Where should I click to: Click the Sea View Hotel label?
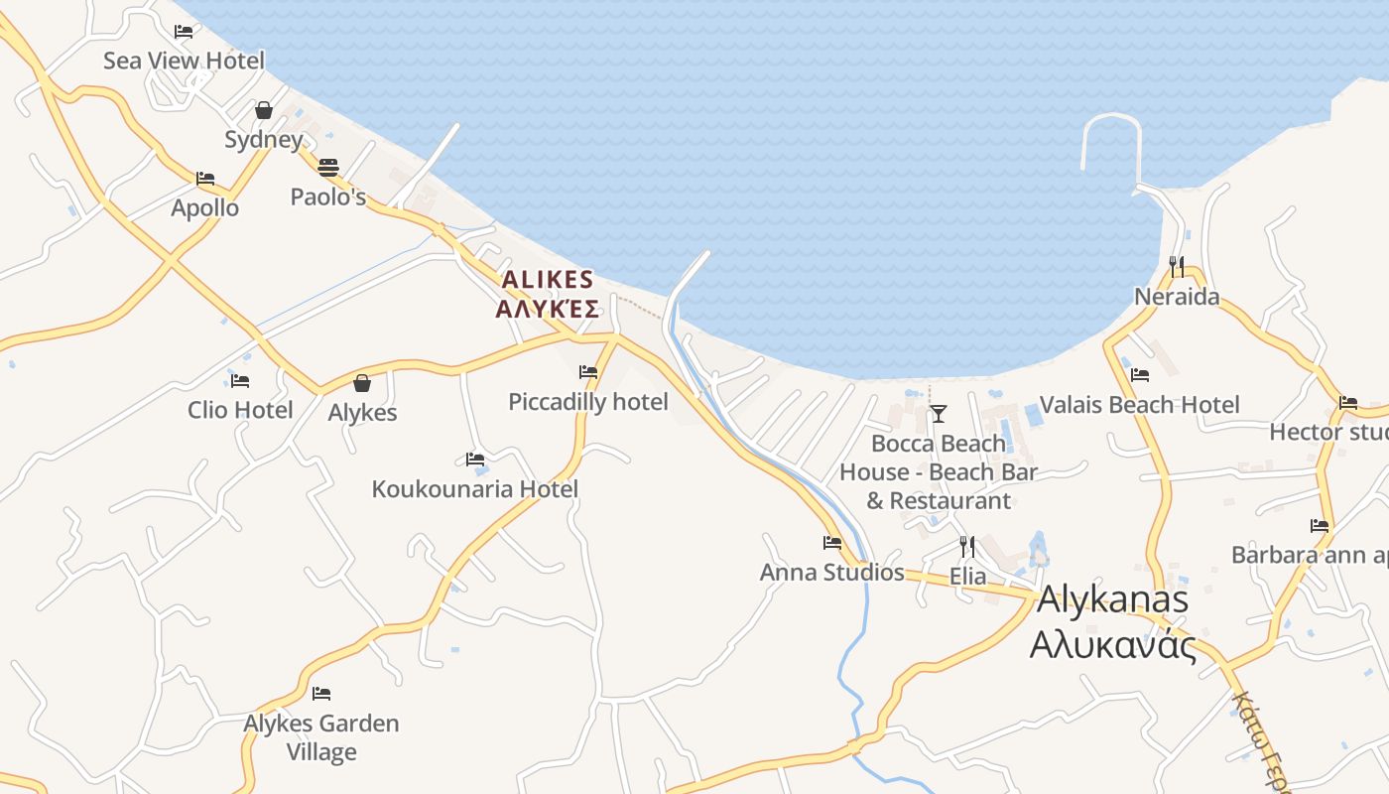184,61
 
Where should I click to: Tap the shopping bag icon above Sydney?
263,110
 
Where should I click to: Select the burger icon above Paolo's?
328,168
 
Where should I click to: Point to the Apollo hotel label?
204,207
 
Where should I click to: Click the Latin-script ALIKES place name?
547,280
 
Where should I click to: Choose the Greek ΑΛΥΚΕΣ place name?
547,310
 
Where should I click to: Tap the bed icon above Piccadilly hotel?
588,373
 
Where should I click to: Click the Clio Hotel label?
240,410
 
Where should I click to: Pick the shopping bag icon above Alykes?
362,383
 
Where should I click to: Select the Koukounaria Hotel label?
474,489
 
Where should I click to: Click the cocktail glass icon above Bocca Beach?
939,413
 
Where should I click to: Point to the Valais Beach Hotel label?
1139,405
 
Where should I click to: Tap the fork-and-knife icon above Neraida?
1177,266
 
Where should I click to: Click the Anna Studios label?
831,573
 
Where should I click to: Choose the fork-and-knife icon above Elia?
967,546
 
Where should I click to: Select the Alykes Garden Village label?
321,736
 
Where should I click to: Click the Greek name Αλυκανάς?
1112,645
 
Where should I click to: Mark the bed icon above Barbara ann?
1320,526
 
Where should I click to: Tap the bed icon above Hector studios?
1348,403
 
